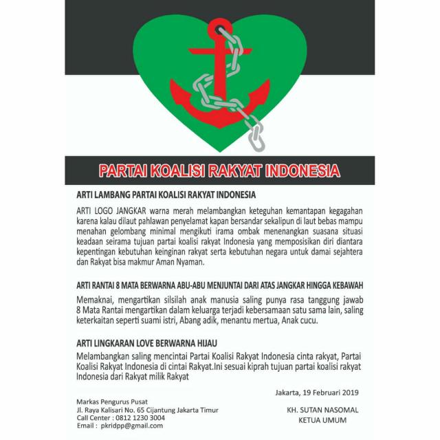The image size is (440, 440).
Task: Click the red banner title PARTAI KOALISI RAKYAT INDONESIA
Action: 220,170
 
